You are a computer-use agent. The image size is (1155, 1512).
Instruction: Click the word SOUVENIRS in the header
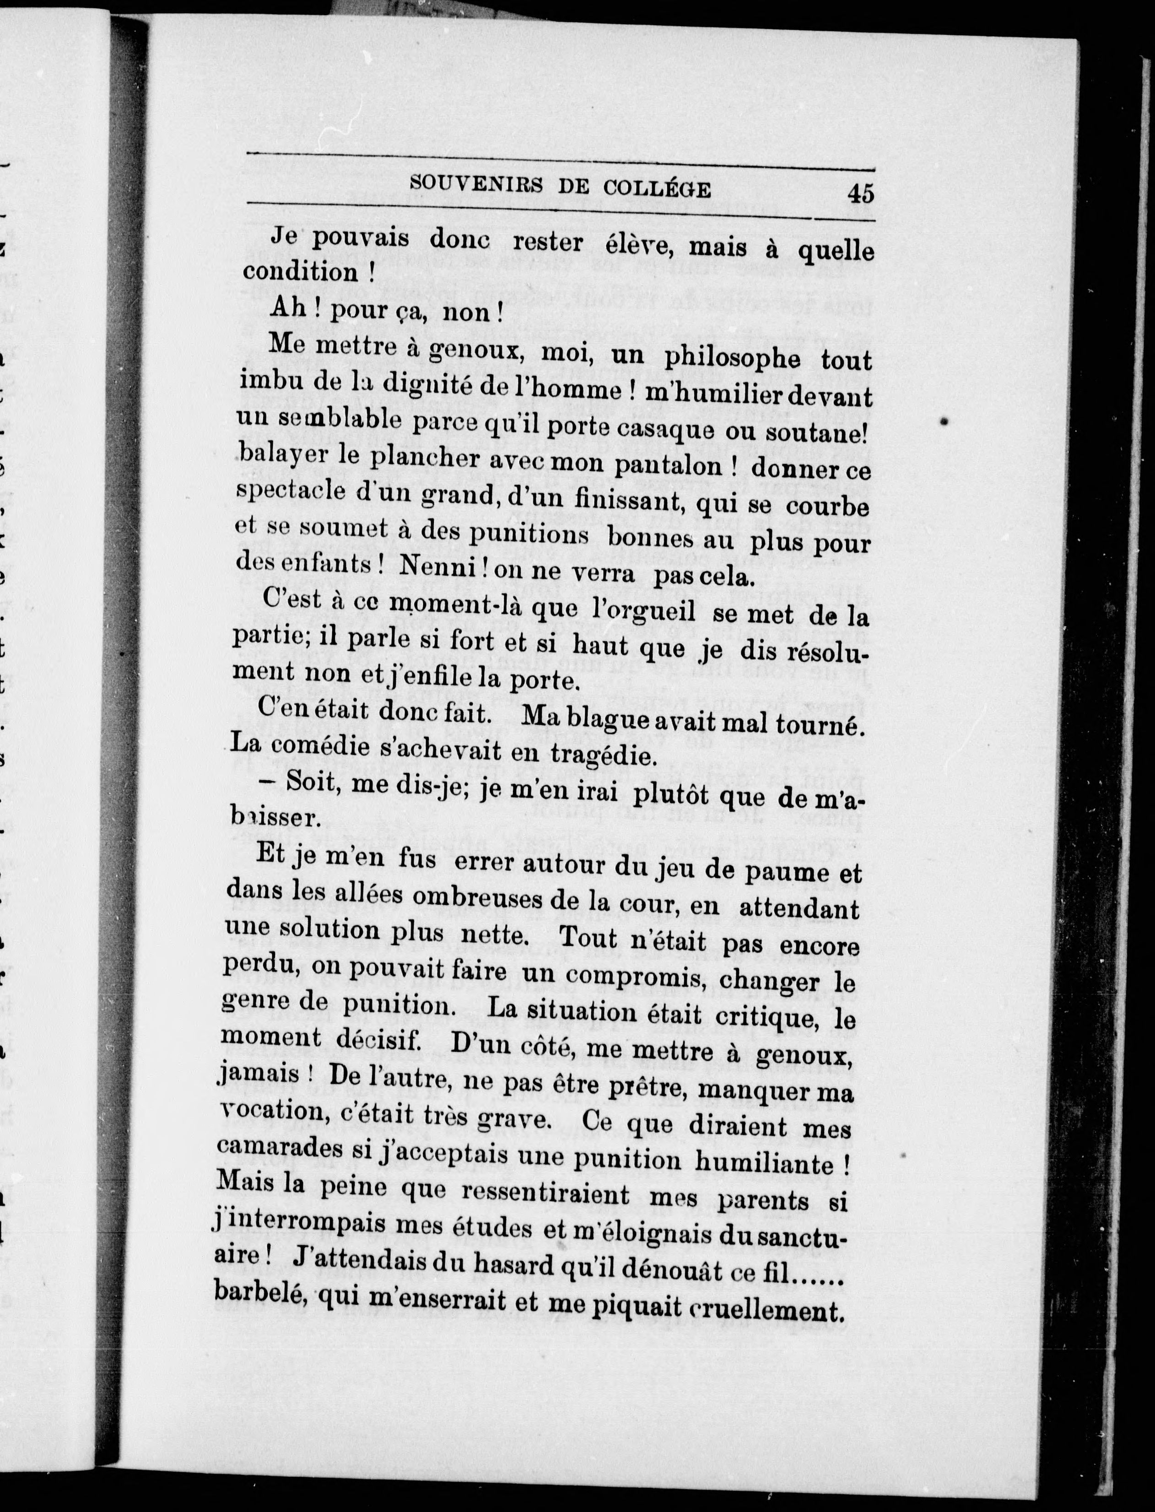(x=475, y=184)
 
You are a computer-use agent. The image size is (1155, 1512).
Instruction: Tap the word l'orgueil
(x=643, y=610)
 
